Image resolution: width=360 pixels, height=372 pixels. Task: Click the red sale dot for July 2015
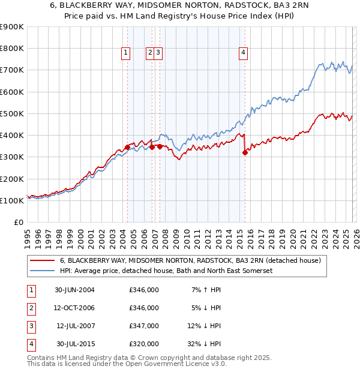[245, 152]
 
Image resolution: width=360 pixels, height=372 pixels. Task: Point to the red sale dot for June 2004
[127, 146]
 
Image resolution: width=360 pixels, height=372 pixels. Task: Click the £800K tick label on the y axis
[12, 49]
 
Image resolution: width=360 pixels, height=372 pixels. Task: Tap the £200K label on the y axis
[12, 179]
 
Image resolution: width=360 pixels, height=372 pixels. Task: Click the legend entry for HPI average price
[166, 271]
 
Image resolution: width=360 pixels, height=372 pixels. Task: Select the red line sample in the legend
[42, 260]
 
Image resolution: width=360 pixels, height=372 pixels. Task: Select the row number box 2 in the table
[31, 308]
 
